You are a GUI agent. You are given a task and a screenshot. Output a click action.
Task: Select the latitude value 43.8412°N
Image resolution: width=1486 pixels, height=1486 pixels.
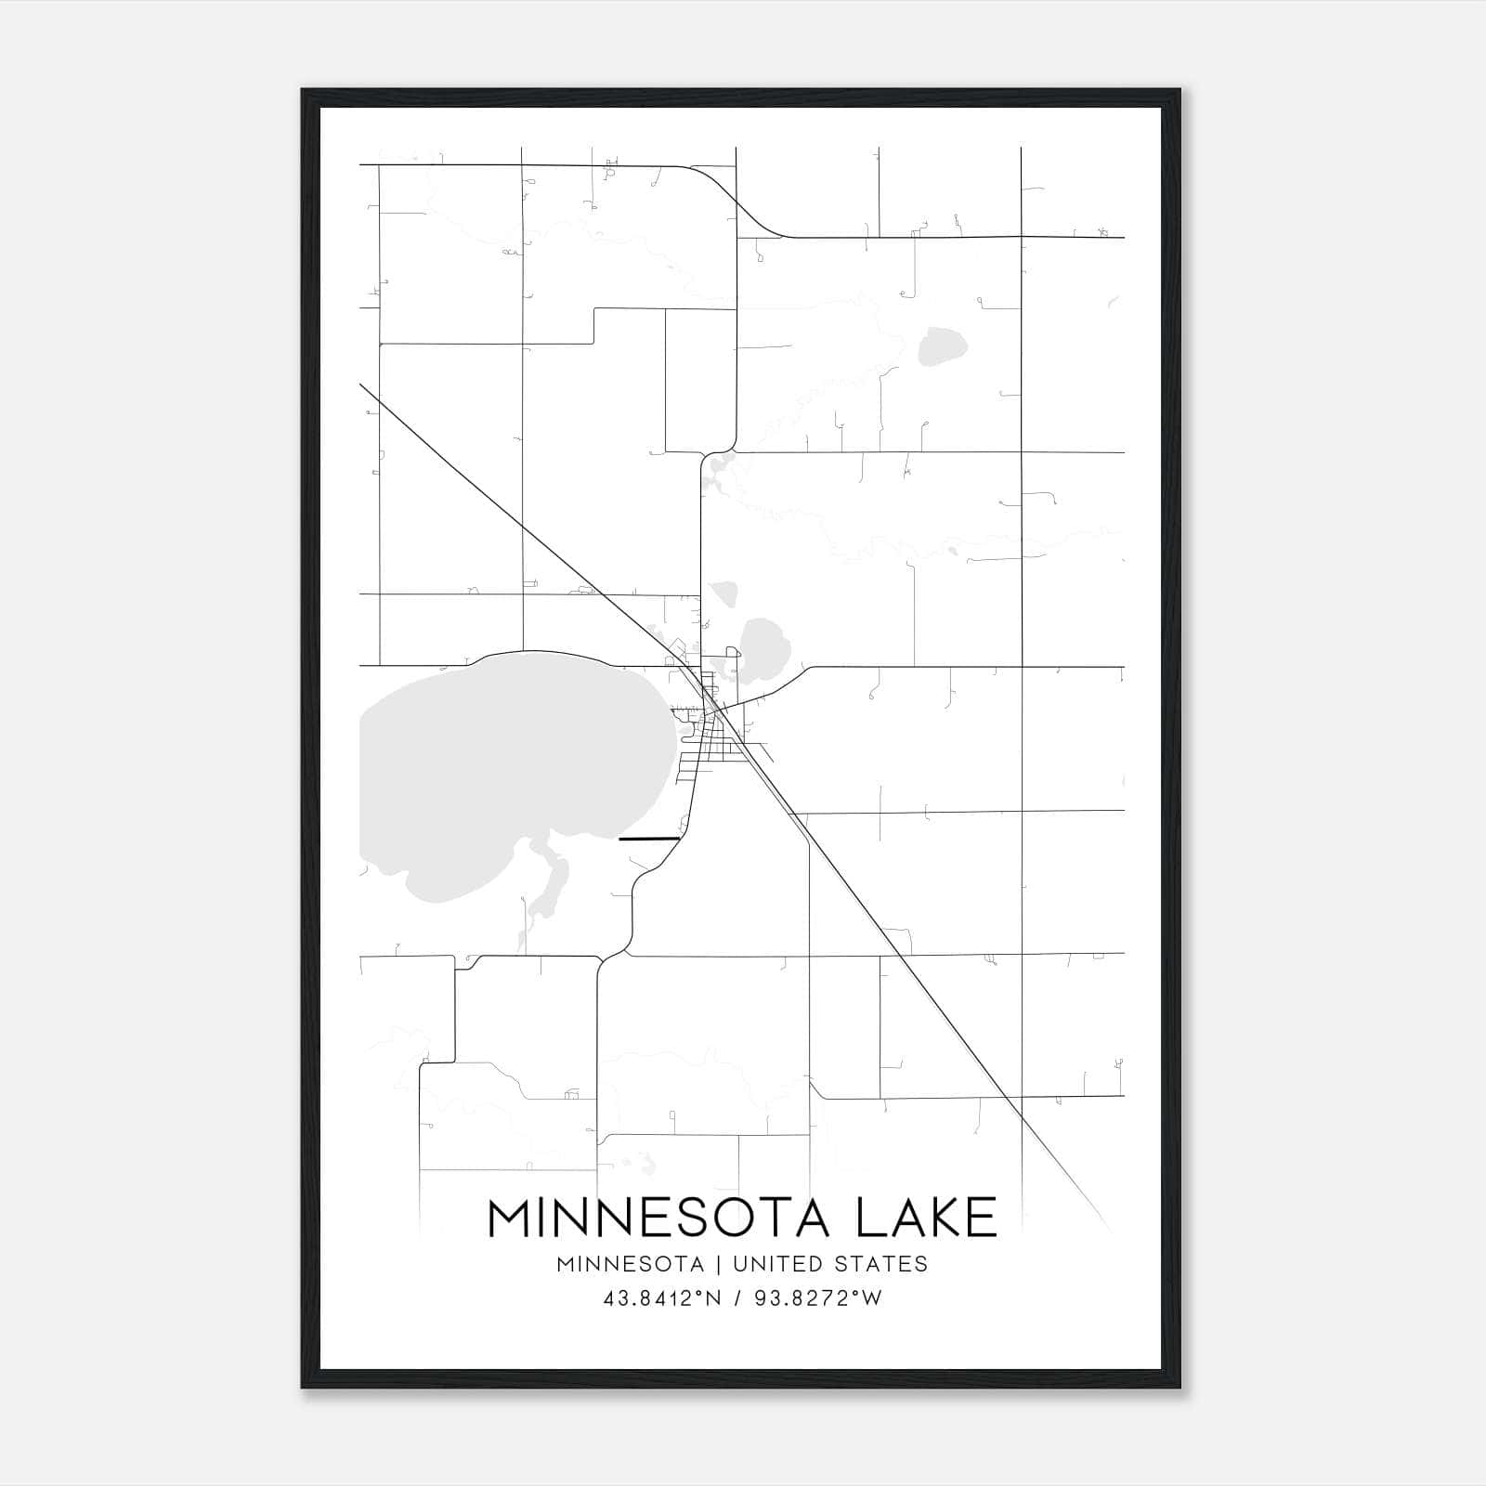[x=662, y=1298]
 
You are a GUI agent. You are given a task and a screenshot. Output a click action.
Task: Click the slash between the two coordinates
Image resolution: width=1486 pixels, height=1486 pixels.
[x=737, y=1298]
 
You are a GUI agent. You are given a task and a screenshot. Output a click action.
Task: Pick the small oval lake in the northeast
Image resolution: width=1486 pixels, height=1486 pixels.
[x=942, y=346]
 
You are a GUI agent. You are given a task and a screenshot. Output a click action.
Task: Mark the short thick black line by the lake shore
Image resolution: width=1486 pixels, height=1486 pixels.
[x=649, y=839]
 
